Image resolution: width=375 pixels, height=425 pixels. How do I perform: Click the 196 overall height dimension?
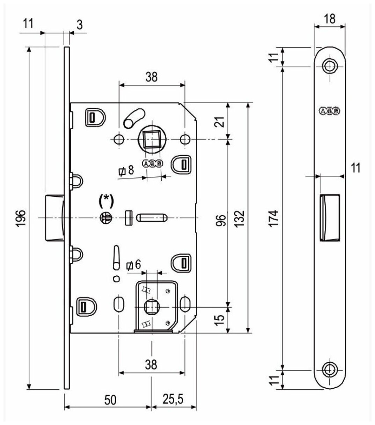[22, 218]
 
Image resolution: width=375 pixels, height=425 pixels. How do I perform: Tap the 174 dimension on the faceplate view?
[275, 218]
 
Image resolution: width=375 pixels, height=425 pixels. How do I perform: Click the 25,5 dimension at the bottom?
[174, 398]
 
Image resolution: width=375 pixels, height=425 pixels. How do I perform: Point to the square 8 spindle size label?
[126, 171]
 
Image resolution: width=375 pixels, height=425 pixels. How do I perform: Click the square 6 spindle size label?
[134, 265]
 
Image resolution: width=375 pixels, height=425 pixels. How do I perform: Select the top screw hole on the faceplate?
[329, 65]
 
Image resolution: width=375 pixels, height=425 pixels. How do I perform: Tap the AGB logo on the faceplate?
[329, 111]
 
